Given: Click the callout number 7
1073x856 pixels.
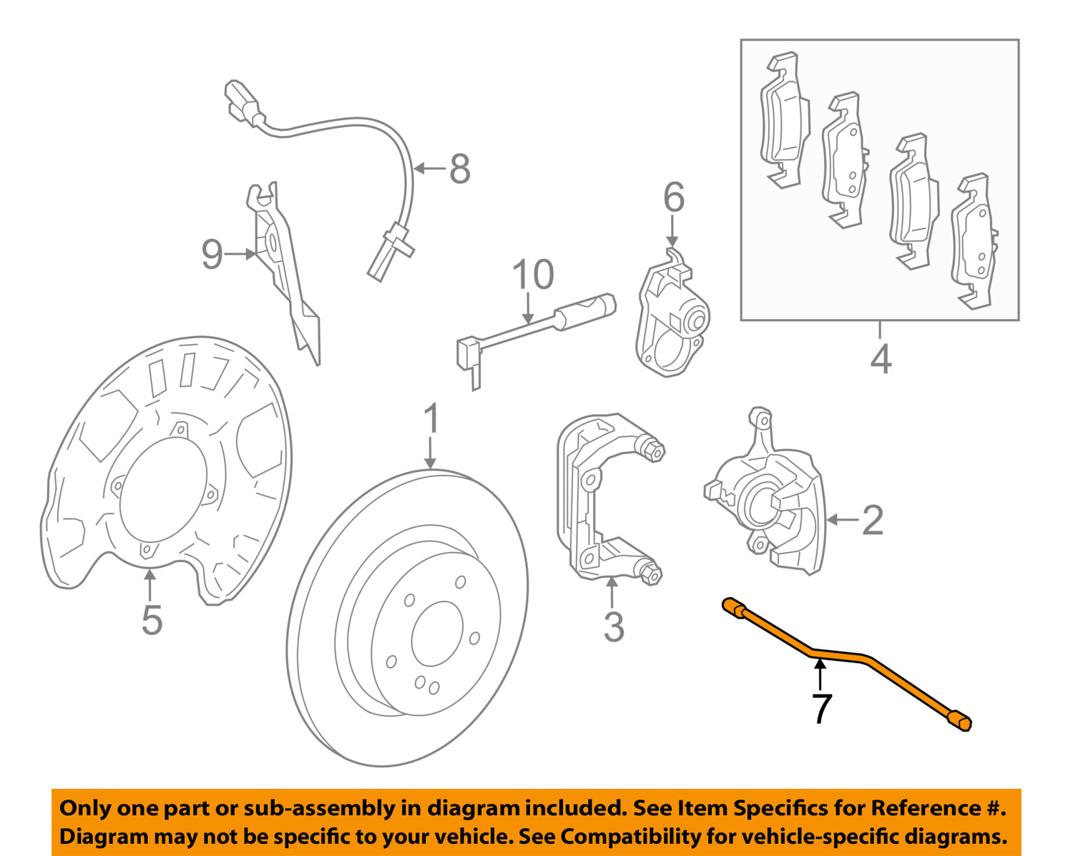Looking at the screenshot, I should click(822, 708).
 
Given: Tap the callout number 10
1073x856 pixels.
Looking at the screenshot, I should click(533, 275).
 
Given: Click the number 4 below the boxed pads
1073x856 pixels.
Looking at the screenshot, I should click(881, 359).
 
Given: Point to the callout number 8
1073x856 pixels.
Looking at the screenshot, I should click(459, 169).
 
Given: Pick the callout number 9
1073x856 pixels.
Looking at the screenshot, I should click(212, 254).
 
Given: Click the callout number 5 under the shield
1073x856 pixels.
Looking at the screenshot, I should click(152, 619).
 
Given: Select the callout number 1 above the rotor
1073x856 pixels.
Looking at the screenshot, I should click(431, 419).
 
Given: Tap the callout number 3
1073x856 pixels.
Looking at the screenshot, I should click(613, 626).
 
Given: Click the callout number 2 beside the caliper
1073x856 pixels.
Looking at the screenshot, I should click(872, 520).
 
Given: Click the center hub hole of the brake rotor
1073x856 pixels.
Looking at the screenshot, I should click(437, 634).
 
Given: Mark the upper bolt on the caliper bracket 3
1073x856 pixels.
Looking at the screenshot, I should click(652, 451).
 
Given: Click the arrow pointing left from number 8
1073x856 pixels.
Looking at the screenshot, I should click(429, 169).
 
